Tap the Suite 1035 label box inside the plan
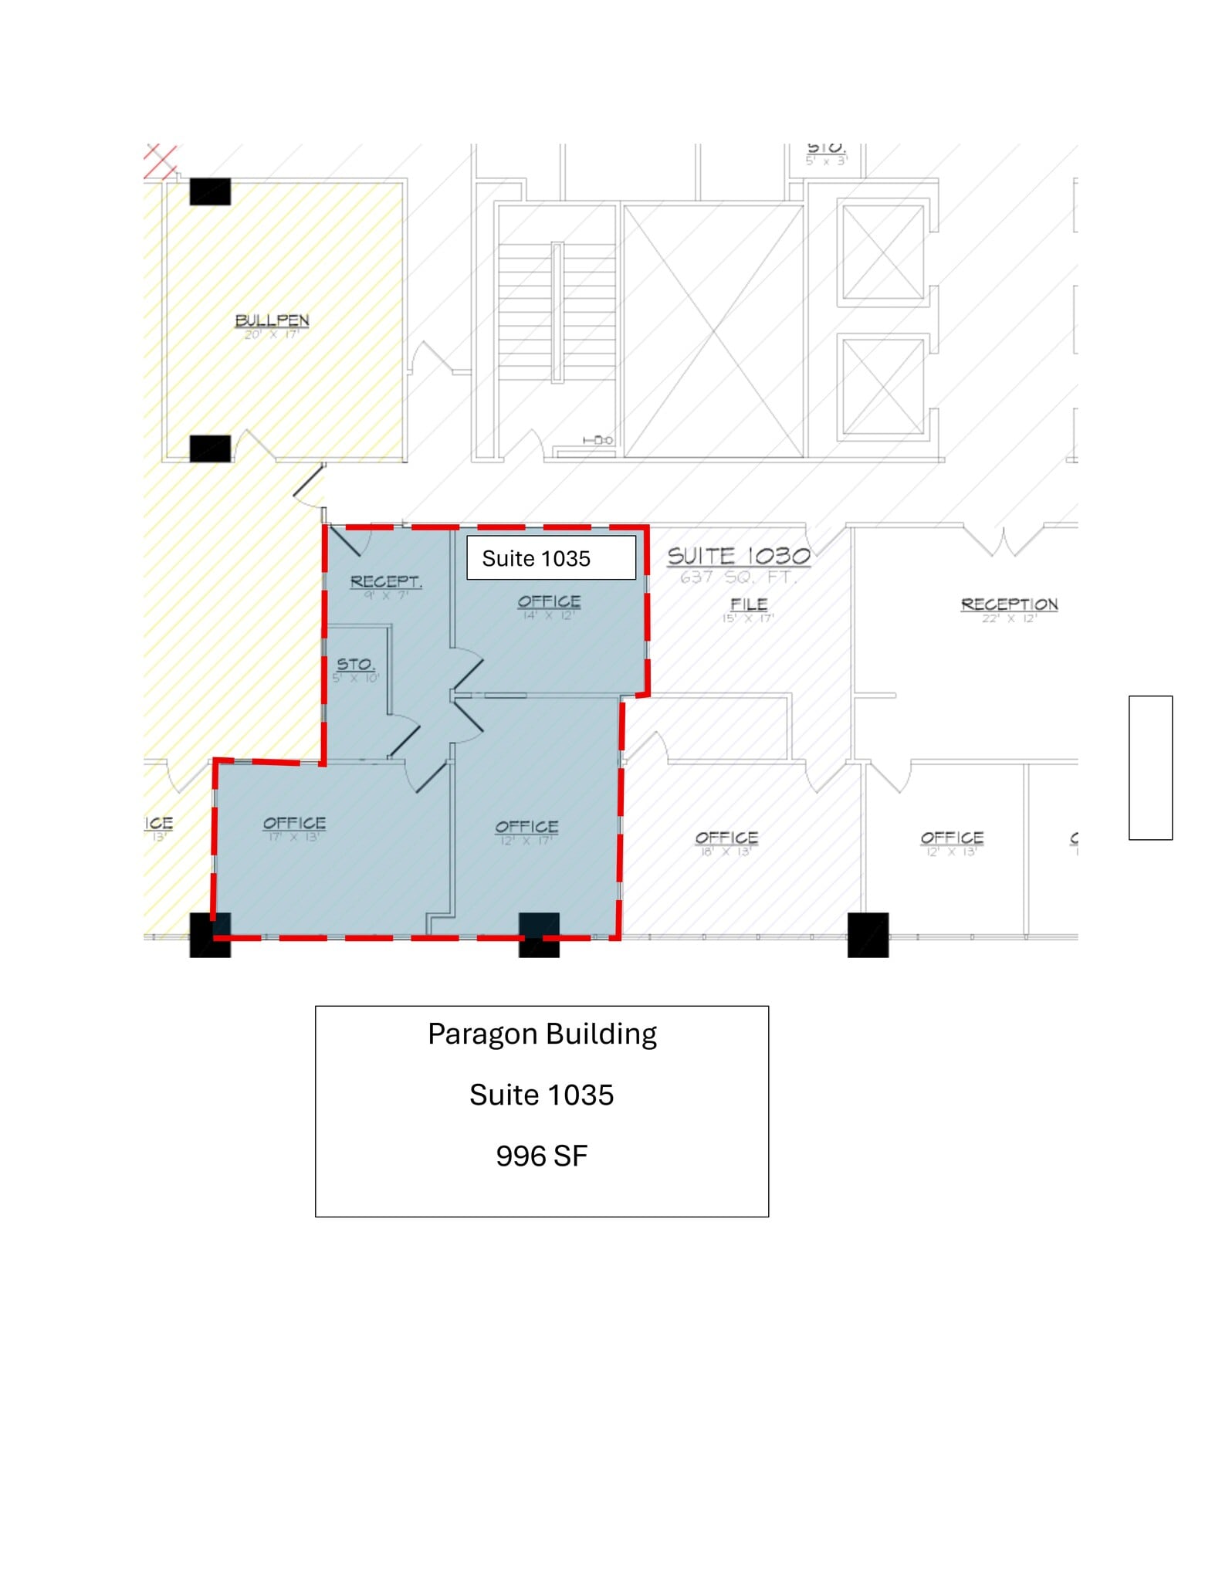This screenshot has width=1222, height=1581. [x=550, y=558]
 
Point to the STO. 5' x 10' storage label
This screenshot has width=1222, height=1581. [x=356, y=669]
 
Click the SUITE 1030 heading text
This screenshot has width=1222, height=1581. [x=738, y=556]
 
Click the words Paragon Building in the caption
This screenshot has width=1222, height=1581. [x=542, y=1034]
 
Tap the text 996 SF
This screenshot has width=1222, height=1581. [x=541, y=1156]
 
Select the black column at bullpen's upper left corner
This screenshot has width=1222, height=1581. [x=210, y=191]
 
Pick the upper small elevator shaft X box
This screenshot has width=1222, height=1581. [x=882, y=252]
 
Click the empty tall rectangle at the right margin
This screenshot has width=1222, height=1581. [x=1149, y=767]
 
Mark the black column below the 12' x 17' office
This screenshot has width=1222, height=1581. [x=539, y=934]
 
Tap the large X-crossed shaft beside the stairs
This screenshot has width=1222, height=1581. [x=713, y=330]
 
